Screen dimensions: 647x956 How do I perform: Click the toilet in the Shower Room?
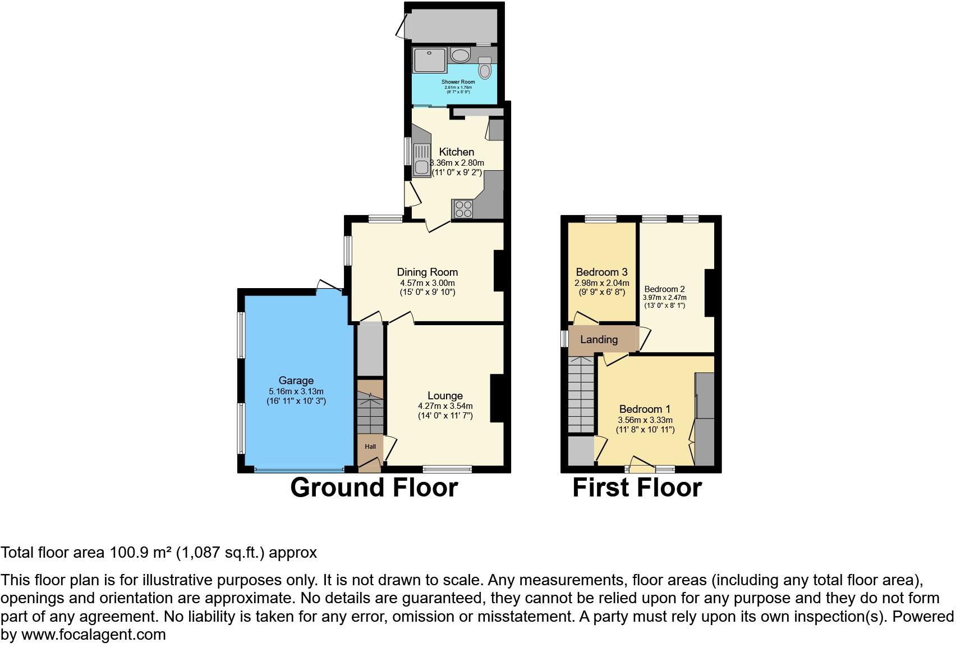click(485, 70)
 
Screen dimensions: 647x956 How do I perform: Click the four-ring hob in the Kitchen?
click(463, 209)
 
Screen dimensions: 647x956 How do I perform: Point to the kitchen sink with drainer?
click(421, 160)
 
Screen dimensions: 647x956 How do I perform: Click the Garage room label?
click(296, 380)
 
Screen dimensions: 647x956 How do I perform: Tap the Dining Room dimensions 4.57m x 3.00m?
click(427, 283)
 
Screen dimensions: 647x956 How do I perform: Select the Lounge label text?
click(445, 395)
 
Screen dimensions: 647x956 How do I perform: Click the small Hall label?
click(370, 446)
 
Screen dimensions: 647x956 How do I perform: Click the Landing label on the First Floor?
click(599, 339)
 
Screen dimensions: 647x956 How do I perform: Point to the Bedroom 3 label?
click(601, 272)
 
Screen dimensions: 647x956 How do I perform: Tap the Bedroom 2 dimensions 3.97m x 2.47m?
click(664, 298)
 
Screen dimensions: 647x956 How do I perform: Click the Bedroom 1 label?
click(645, 409)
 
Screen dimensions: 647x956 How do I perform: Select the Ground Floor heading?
click(374, 487)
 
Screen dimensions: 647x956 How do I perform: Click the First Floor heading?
click(637, 487)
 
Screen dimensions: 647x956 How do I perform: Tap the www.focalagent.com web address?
click(94, 635)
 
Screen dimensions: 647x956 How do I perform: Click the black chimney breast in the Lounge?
click(498, 398)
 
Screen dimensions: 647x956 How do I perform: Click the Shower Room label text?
click(458, 82)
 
